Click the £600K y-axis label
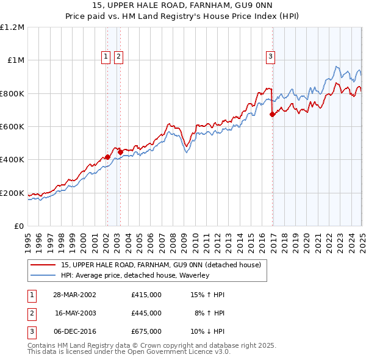(12, 126)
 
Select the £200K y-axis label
(12, 193)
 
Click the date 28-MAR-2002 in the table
(74, 295)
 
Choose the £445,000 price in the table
(146, 313)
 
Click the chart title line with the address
(183, 7)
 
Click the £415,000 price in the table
(146, 295)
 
